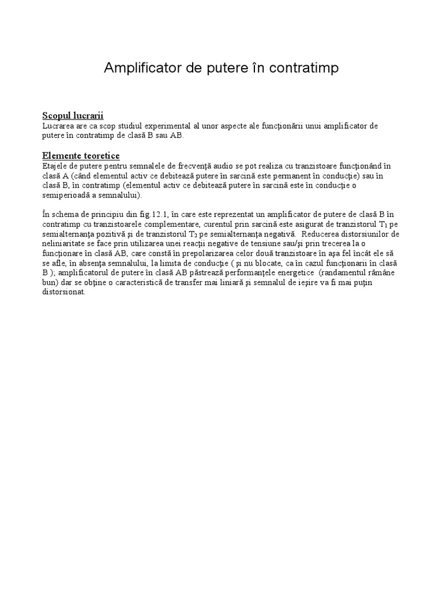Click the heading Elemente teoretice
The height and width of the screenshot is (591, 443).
(81, 156)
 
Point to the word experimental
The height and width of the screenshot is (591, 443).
(164, 125)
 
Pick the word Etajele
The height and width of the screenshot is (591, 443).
(55, 166)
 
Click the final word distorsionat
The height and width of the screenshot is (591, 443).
(64, 293)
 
